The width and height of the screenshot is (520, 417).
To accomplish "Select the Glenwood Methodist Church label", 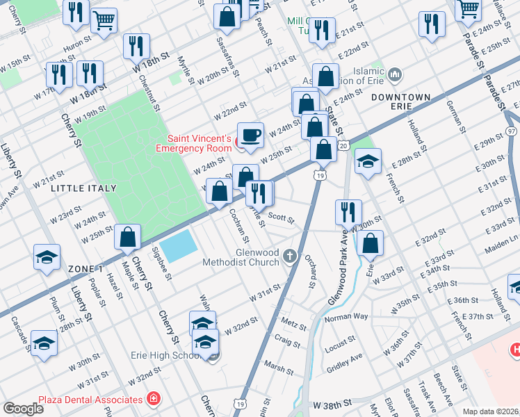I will pos(240,258).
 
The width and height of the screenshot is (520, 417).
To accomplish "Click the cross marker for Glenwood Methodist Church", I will pos(291,258).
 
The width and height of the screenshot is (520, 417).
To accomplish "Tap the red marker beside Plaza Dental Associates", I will pos(152,399).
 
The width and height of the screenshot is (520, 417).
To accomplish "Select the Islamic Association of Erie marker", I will pos(394,74).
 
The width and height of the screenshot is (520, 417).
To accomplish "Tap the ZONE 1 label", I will pos(86,268).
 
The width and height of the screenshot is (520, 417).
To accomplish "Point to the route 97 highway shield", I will pos(512,131).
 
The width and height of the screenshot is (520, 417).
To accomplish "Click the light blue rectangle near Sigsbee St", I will pos(179,244).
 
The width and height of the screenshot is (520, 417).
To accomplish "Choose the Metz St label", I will pos(294,325).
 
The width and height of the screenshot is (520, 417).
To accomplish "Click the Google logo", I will pos(23,409).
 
